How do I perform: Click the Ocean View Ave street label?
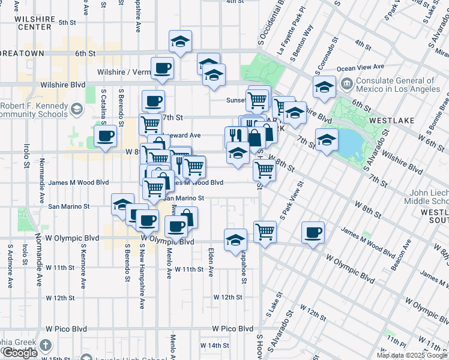click(x=361, y=67)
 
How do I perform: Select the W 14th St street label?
click(x=215, y=346)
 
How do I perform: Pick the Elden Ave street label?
click(x=211, y=262)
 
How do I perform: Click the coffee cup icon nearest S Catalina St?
click(x=106, y=135)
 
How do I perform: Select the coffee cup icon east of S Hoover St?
click(x=312, y=232)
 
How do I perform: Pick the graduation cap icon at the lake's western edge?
click(x=327, y=140)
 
